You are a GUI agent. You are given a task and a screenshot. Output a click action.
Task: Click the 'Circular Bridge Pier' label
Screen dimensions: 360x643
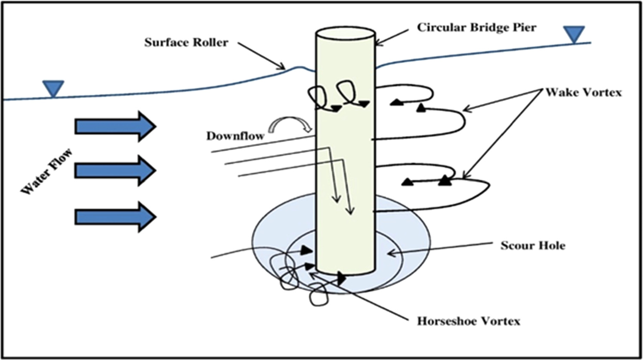pyautogui.click(x=476, y=28)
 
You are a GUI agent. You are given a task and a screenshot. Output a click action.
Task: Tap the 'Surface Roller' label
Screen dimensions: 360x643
pyautogui.click(x=186, y=43)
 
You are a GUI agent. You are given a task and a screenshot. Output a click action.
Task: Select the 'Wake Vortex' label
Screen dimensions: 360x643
pyautogui.click(x=583, y=92)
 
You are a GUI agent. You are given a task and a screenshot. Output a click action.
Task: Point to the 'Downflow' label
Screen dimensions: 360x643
pyautogui.click(x=235, y=136)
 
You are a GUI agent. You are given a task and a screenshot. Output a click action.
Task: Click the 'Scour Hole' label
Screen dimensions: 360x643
pyautogui.click(x=532, y=246)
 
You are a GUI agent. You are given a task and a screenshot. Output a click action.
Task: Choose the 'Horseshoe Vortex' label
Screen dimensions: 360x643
pyautogui.click(x=468, y=321)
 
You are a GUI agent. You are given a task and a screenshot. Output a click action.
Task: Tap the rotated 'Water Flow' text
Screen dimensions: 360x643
pyautogui.click(x=46, y=171)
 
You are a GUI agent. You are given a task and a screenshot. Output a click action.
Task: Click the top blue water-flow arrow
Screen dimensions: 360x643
pyautogui.click(x=115, y=126)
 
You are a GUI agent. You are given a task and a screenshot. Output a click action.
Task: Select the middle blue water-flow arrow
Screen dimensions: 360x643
pyautogui.click(x=115, y=171)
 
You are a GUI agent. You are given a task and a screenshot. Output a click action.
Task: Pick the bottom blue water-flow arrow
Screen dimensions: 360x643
pyautogui.click(x=115, y=217)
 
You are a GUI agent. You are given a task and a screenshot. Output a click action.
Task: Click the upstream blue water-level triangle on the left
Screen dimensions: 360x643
pyautogui.click(x=53, y=88)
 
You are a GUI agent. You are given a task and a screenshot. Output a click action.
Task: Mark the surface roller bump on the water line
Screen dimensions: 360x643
pyautogui.click(x=301, y=68)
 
